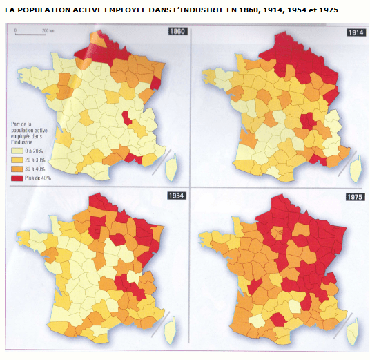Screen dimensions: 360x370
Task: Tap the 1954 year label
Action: coord(176,196)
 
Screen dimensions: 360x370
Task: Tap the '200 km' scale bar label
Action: coord(48,32)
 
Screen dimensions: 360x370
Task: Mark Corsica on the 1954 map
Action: coord(169,330)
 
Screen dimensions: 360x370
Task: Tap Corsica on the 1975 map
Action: coord(353,330)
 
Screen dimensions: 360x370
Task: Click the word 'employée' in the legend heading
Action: coord(23,135)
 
